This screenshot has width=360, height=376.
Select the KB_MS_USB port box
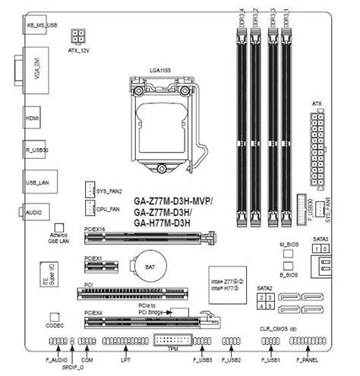point(42,25)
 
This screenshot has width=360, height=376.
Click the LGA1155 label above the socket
point(162,69)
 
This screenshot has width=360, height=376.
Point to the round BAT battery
point(142,267)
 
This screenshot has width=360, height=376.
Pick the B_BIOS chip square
point(287,270)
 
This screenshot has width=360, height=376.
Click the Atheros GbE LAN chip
point(58,227)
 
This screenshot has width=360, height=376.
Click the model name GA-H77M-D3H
point(165,223)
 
